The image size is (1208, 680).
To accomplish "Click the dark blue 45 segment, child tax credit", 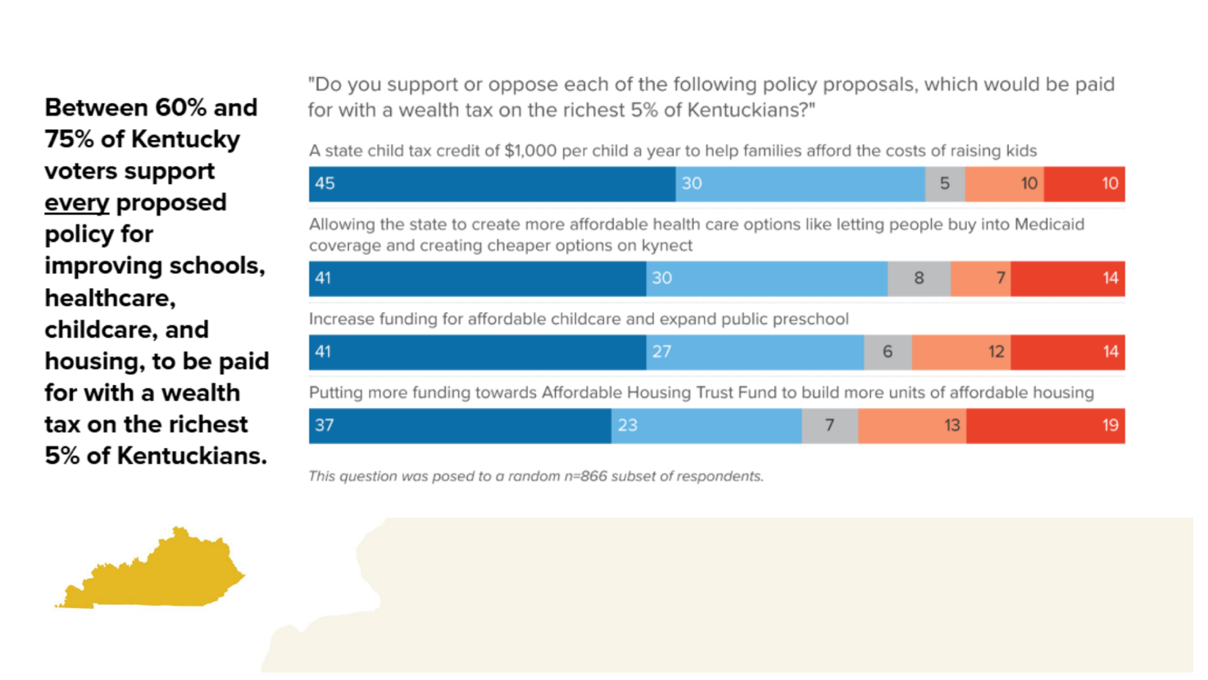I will click(x=492, y=184).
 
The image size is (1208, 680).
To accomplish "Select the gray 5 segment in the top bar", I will click(x=945, y=184).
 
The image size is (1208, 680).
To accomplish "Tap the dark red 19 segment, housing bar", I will click(x=1045, y=425).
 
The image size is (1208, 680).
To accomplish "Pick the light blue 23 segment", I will click(x=706, y=425).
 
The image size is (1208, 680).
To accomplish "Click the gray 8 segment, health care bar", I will click(x=919, y=279).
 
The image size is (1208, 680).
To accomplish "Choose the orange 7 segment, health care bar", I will click(x=980, y=279).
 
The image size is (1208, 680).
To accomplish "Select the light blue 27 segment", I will click(x=755, y=352).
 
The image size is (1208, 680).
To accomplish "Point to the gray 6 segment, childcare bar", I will click(x=888, y=352).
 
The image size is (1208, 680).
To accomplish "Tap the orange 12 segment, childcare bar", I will click(x=960, y=352).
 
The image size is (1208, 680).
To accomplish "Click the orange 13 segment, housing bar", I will click(x=911, y=425).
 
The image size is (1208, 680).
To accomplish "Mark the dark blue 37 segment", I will click(x=460, y=425).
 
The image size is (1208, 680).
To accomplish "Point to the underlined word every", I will click(x=76, y=202).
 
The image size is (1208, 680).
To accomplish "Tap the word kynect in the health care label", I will click(x=668, y=245).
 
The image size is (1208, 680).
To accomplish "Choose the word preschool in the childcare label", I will click(x=811, y=319).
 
